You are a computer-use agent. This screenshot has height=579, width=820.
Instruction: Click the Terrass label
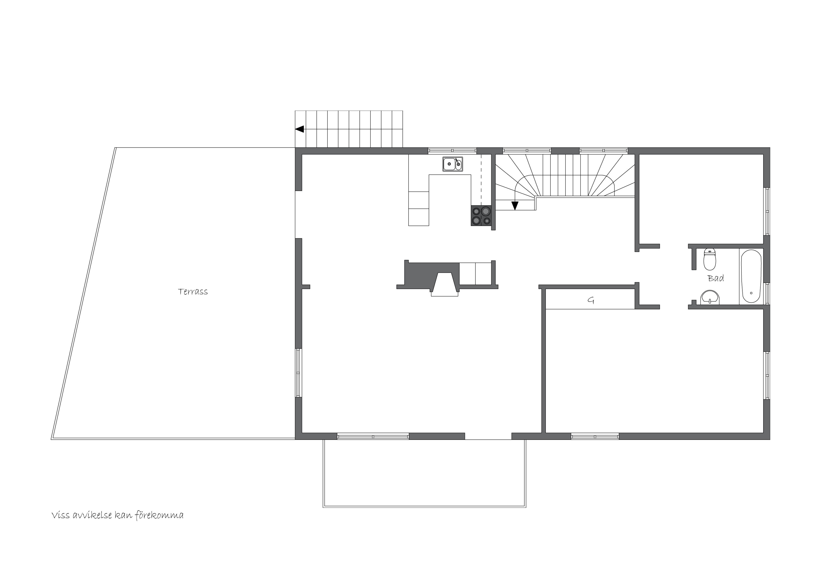coord(193,292)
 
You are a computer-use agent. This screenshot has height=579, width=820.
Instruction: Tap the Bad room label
coord(716,278)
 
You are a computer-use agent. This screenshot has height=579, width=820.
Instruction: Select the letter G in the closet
coord(591,300)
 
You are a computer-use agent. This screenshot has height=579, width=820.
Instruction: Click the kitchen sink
coord(453,164)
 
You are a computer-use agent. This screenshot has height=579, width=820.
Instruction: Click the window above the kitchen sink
coord(453,151)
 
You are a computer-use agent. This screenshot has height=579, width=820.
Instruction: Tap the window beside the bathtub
coord(766,293)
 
